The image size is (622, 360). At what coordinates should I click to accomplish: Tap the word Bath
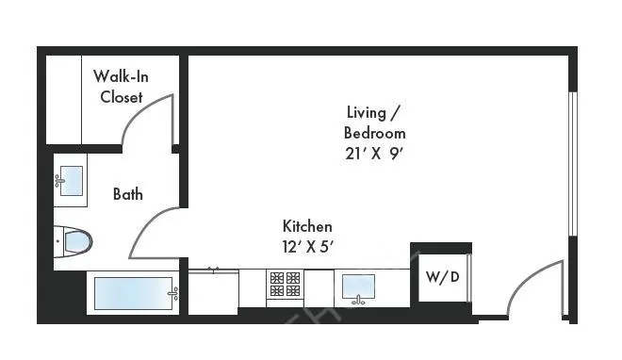point(128,195)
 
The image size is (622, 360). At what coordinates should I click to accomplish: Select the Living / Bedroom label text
point(375,123)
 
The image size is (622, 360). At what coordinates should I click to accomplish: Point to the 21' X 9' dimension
point(375,154)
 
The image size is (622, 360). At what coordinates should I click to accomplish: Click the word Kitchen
point(307,227)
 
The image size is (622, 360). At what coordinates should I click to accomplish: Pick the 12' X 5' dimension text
point(307,247)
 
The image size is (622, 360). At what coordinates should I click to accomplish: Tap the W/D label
point(442,278)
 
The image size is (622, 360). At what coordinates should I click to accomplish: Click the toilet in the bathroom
point(74,242)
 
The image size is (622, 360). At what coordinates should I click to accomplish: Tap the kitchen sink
point(358,286)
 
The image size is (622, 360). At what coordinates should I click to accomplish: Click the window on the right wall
point(572,165)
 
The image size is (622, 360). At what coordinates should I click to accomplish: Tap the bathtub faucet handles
point(173,294)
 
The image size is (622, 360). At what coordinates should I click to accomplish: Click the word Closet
point(122,97)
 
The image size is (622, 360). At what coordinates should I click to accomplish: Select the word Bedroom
point(375,133)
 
